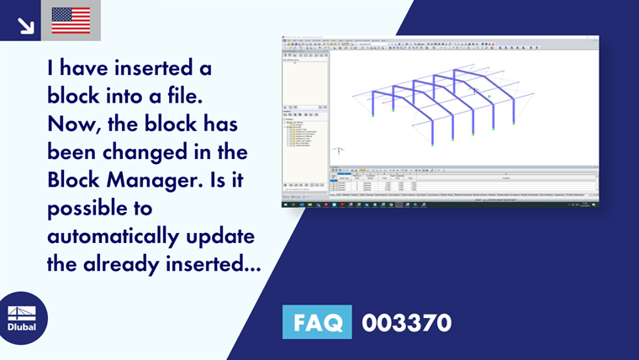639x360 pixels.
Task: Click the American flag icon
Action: coord(71,20)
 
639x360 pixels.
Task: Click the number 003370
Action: coord(406,322)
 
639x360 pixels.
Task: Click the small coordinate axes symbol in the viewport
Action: coord(338,151)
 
